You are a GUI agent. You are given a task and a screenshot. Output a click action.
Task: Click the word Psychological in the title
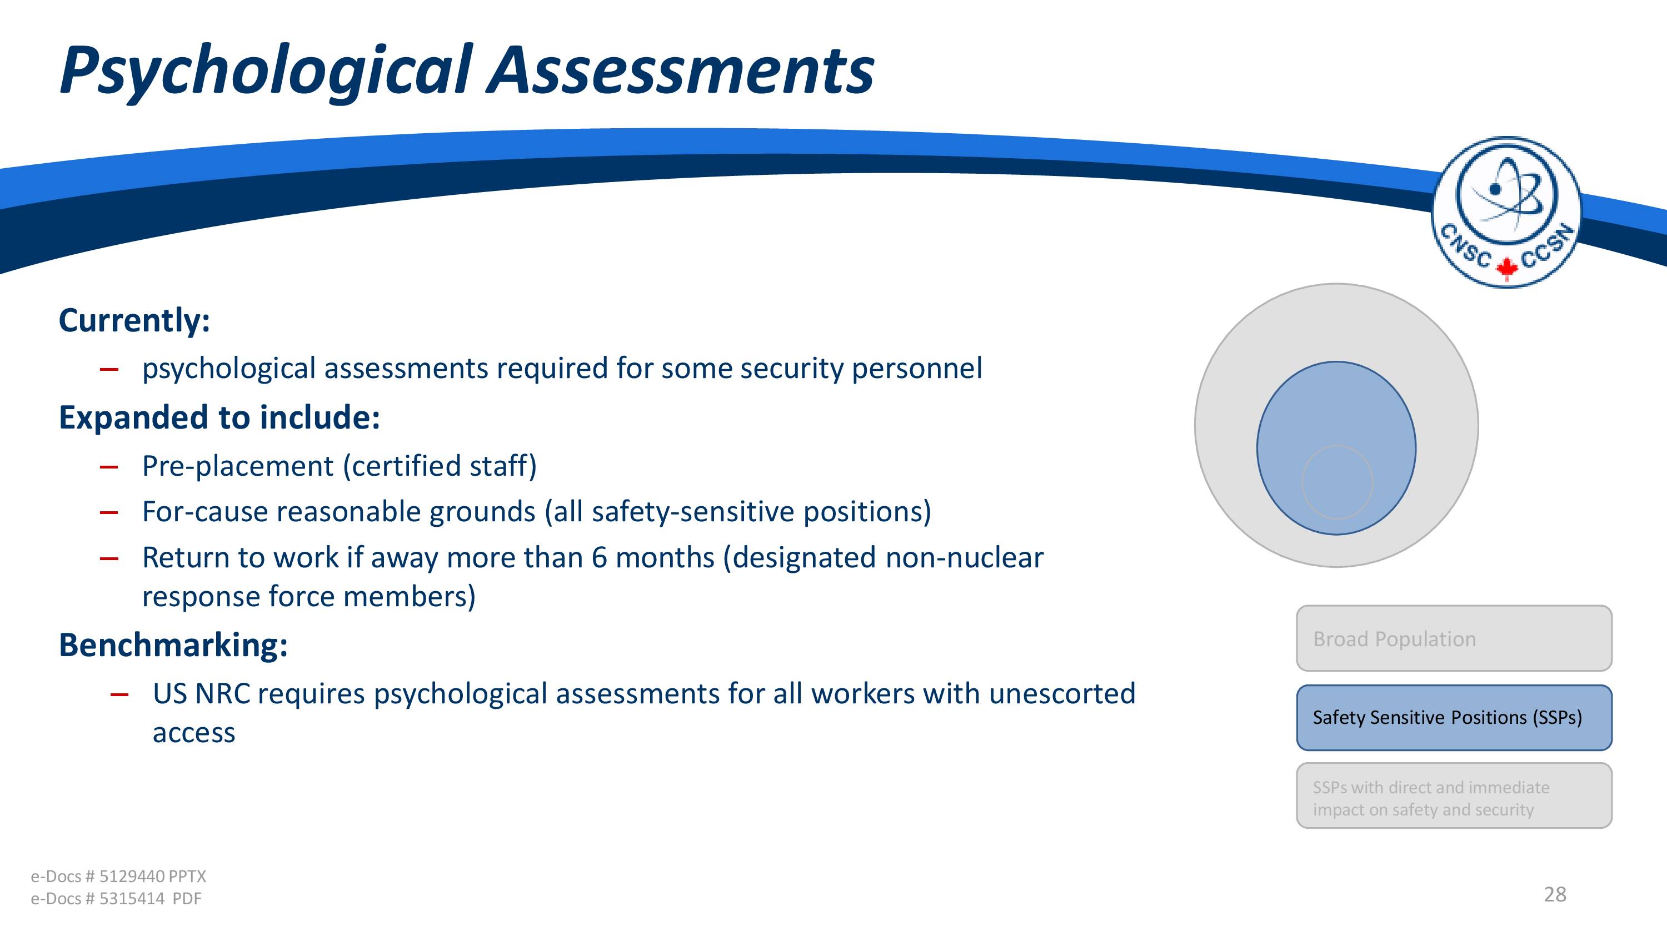266,71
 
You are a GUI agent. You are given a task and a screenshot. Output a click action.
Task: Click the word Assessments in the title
681,69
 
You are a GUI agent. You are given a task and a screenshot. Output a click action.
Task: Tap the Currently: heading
134,321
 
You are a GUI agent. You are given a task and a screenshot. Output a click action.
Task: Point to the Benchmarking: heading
173,646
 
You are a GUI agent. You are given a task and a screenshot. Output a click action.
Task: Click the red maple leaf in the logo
1506,268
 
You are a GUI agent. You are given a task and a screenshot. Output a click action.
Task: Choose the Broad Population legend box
1454,638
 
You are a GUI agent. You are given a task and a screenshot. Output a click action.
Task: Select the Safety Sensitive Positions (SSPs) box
1454,718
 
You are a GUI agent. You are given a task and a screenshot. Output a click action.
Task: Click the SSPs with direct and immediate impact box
1454,795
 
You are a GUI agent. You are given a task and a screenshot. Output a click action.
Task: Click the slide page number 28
1555,894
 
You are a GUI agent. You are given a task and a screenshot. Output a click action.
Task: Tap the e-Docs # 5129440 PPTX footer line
118,876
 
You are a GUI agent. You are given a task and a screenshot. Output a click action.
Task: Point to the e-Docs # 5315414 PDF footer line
116,898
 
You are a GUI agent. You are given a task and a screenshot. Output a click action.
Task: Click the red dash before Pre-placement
109,466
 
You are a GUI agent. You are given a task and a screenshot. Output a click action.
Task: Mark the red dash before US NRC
119,694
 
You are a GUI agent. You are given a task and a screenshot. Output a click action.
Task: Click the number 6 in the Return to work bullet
599,557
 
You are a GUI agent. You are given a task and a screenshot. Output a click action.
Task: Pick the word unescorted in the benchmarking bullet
1062,693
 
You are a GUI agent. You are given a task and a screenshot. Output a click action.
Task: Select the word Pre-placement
237,466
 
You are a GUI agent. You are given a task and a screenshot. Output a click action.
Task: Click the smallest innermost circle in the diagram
1337,482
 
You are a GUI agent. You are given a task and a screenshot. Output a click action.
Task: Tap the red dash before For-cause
109,513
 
